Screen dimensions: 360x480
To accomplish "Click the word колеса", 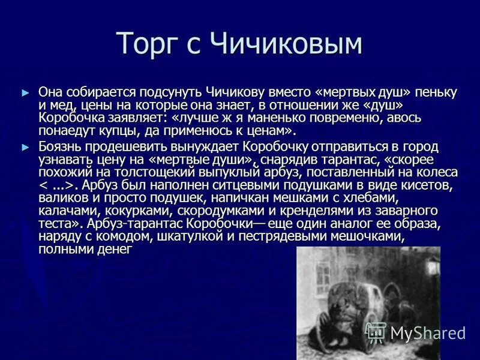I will pyautogui.click(x=437, y=173).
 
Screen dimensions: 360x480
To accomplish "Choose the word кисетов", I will pyautogui.click(x=428, y=185).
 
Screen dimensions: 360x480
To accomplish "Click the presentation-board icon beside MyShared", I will pyautogui.click(x=376, y=332).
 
